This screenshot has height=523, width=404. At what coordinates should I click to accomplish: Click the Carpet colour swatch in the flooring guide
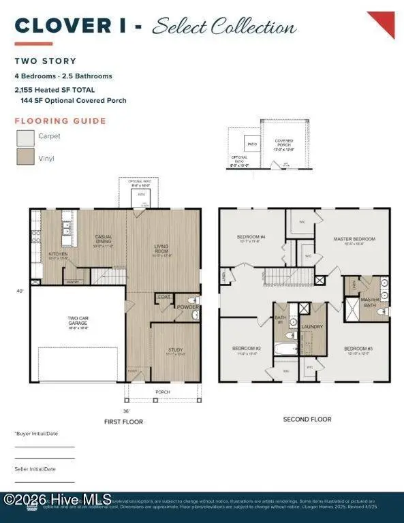point(26,138)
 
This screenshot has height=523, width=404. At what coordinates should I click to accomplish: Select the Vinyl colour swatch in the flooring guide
point(26,157)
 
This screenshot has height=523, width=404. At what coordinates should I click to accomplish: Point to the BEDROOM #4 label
point(251,238)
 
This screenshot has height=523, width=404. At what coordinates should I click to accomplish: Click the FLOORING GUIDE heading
point(61,121)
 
